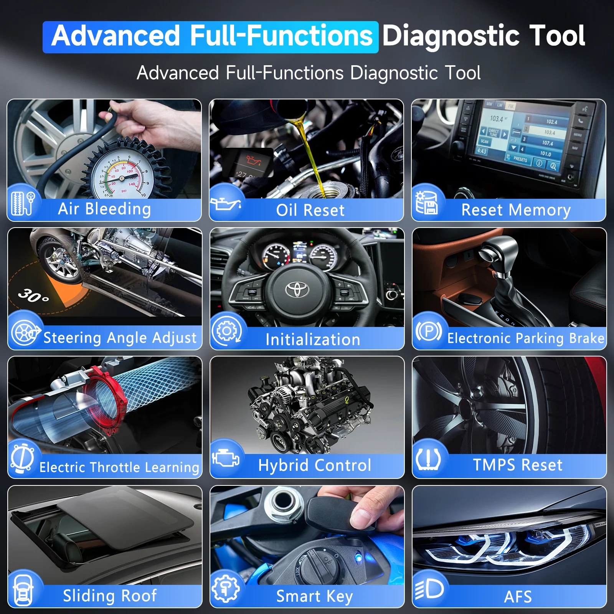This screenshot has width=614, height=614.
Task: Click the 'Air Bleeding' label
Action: coord(104,209)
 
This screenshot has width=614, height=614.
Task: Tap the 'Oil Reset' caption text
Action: coord(310,210)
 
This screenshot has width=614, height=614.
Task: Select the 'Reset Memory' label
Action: coord(516,210)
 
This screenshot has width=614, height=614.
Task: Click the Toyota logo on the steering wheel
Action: coord(297,290)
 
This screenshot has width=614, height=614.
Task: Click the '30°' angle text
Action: coord(34,295)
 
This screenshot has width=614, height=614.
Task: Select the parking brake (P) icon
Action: coord(429,331)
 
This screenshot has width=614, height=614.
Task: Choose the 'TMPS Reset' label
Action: coord(517,465)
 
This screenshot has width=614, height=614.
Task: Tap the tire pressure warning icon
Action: coord(428,459)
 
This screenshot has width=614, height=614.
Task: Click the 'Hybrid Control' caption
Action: coord(315,465)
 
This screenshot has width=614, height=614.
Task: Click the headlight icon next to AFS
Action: coord(429,589)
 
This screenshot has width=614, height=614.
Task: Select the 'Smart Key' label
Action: coord(314,596)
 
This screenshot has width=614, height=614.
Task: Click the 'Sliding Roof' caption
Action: coord(110,596)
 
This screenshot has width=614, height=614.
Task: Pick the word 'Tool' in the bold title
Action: coord(557,36)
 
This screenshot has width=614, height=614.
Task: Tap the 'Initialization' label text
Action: coord(313,340)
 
